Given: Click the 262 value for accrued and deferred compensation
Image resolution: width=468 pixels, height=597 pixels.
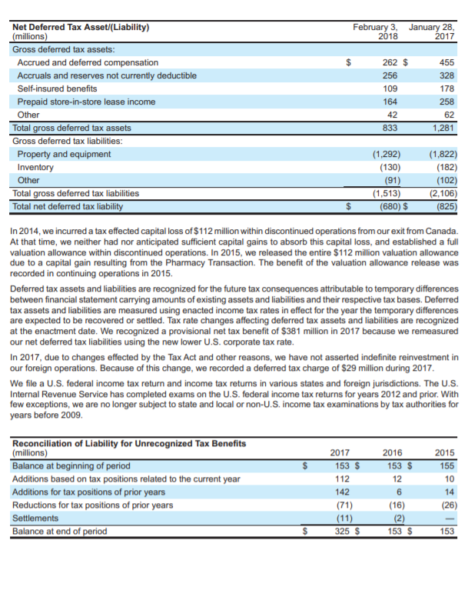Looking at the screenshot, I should point(390,62).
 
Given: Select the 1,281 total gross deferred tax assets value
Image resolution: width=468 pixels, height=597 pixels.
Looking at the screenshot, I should point(444,128).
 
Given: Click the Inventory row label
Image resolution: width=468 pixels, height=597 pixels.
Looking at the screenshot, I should point(35,167).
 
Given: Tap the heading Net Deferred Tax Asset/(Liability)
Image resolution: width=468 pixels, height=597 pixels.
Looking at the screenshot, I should point(81,27).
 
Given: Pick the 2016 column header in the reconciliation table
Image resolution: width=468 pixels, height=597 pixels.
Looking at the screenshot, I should point(392,452).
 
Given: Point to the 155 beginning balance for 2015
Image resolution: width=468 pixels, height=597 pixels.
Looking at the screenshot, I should point(446,465).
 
